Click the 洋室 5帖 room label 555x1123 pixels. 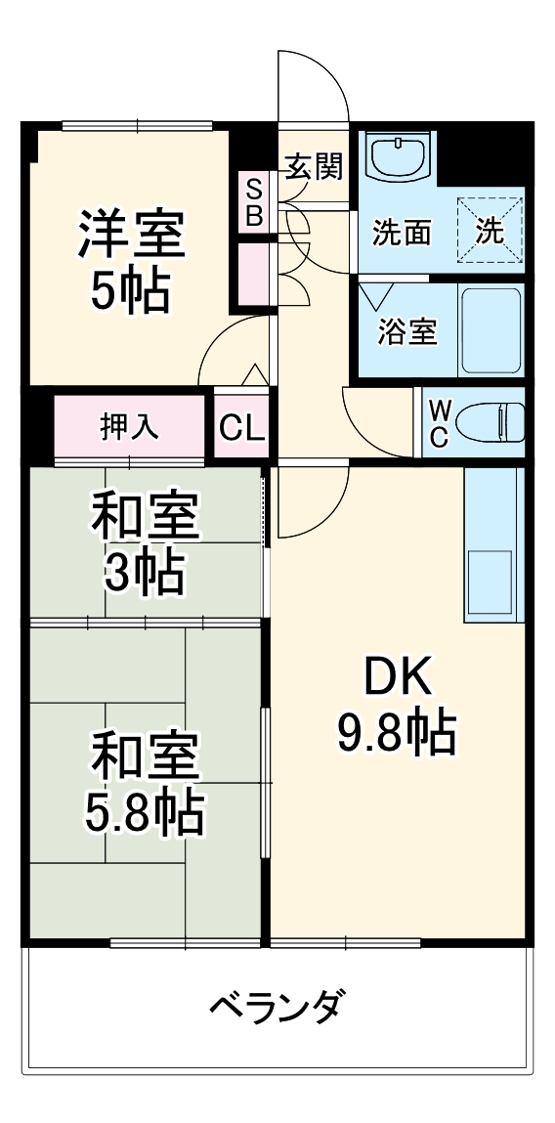tap(130, 259)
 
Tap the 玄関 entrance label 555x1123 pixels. tap(313, 167)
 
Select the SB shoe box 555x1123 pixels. tap(253, 203)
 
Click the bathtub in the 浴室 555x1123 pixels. tap(490, 330)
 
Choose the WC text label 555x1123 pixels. tap(439, 422)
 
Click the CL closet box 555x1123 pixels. tap(241, 427)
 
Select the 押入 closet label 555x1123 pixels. tap(130, 427)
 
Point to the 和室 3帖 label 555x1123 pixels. tap(145, 545)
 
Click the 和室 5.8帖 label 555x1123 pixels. tap(145, 784)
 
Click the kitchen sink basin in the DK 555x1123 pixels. tap(489, 577)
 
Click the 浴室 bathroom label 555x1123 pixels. tap(406, 331)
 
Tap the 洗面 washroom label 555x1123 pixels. tap(403, 233)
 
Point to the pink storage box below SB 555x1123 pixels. tap(253, 273)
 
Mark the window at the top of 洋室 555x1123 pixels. tap(137, 124)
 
